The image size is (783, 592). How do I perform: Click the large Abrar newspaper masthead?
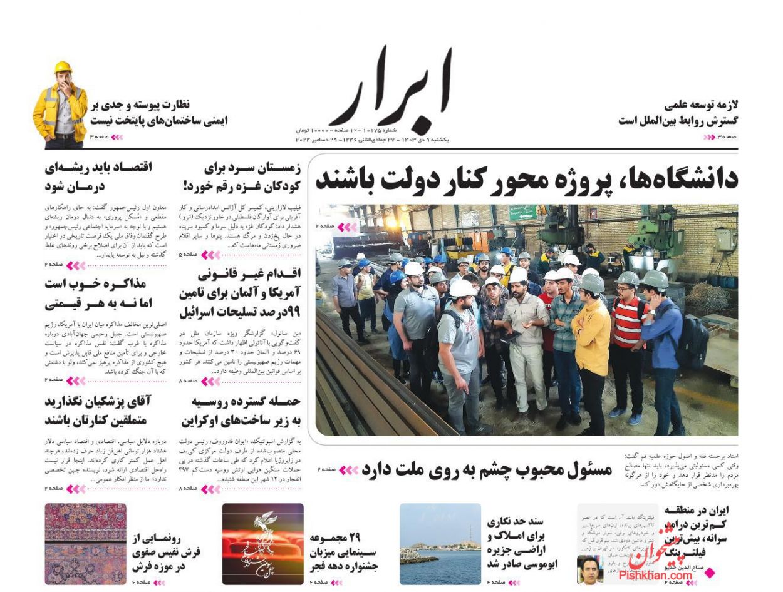coord(390,88)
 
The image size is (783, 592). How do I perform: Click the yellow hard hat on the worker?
coord(63,67)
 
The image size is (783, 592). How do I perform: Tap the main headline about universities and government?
coord(526,179)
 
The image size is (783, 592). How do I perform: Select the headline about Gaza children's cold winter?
coord(241,176)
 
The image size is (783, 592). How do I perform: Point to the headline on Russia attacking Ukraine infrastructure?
coord(241,411)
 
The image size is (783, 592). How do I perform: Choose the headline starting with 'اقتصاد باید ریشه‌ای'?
coord(98,176)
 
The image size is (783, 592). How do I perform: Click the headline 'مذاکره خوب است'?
coord(98,293)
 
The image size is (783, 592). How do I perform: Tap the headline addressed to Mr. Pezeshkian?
coord(98,410)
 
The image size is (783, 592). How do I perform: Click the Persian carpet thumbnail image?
coord(85,544)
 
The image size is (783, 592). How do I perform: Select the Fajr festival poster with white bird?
coord(262,544)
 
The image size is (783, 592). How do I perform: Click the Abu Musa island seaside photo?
coord(440,544)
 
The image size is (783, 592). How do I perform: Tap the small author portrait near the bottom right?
coord(589,569)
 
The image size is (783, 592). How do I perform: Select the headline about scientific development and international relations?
coord(678,113)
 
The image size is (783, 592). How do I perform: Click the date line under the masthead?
coord(372,140)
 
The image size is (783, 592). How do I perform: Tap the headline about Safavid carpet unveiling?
coord(166,552)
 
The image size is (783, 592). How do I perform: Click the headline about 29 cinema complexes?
coord(344,552)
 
